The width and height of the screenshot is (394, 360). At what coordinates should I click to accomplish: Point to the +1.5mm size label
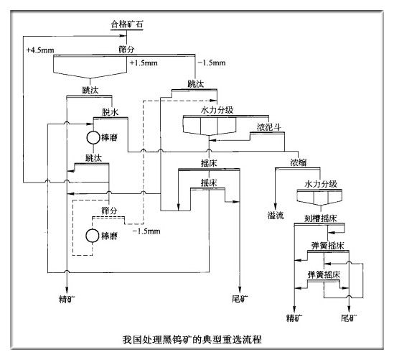[141, 63]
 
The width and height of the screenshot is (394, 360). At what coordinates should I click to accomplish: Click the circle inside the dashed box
[93, 235]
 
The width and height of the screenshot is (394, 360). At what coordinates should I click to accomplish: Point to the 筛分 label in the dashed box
[109, 209]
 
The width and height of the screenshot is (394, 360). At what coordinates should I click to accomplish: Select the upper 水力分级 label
[217, 110]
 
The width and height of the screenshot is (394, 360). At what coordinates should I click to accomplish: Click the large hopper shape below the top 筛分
[90, 68]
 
